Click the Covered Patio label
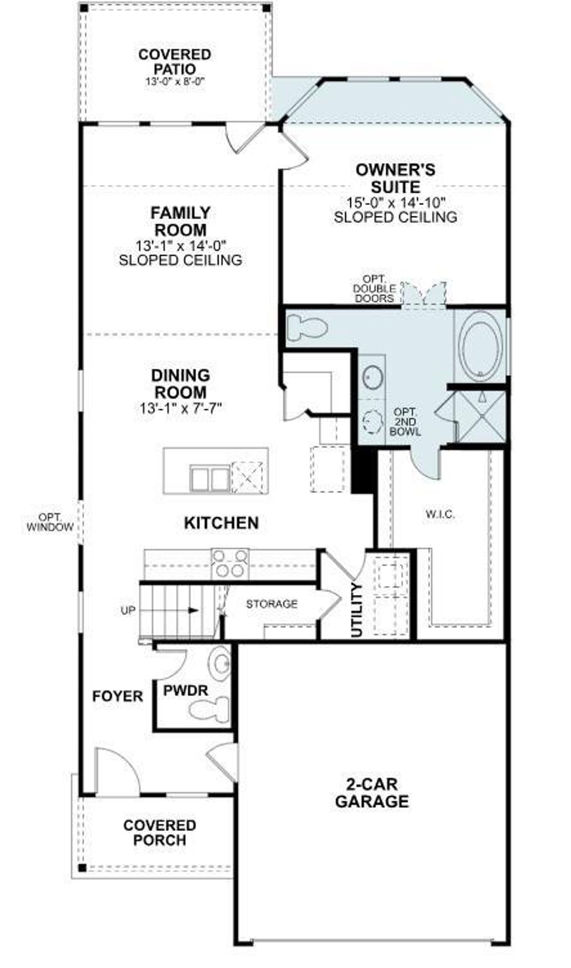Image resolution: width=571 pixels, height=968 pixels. pyautogui.click(x=174, y=62)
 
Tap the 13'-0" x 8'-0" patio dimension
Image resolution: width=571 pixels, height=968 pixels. pyautogui.click(x=174, y=82)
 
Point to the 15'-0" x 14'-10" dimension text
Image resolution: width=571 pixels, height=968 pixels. pyautogui.click(x=396, y=202)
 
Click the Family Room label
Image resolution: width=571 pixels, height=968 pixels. pyautogui.click(x=180, y=221)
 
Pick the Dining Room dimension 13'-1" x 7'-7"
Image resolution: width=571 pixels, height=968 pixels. pyautogui.click(x=180, y=408)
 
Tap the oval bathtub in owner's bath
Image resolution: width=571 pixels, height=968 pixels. pyautogui.click(x=480, y=346)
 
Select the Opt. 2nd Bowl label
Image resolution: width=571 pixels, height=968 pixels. pyautogui.click(x=405, y=421)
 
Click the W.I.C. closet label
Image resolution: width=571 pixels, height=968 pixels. pyautogui.click(x=440, y=515)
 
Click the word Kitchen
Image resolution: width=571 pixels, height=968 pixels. pyautogui.click(x=221, y=523)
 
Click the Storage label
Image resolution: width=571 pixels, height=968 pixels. pyautogui.click(x=272, y=604)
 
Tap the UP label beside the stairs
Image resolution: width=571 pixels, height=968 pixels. pyautogui.click(x=128, y=611)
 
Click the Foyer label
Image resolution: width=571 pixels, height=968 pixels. pyautogui.click(x=117, y=696)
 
